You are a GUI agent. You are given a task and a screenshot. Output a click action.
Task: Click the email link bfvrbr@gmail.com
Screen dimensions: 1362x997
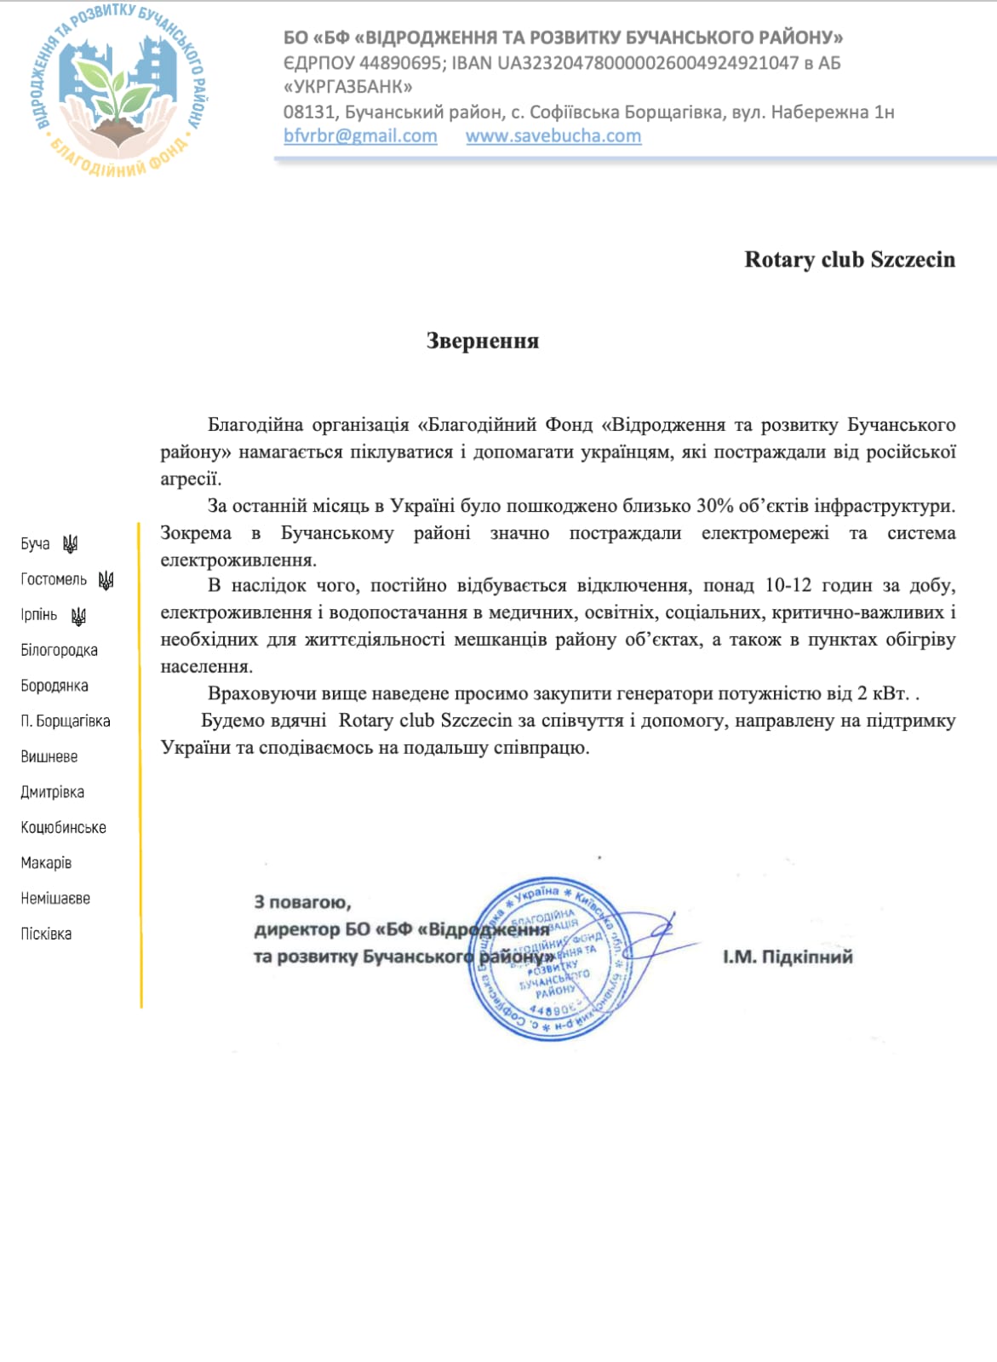pos(360,136)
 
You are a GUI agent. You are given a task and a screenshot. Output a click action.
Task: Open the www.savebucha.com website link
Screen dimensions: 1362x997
pos(553,136)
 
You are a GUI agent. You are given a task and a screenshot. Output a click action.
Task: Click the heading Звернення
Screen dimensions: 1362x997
pos(483,342)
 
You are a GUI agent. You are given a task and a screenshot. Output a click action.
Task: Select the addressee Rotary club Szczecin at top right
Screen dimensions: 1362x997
pos(850,260)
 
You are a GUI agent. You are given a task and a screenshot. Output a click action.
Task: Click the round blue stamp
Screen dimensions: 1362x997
pos(551,958)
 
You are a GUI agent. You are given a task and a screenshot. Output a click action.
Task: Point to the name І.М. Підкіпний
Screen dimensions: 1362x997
pos(788,957)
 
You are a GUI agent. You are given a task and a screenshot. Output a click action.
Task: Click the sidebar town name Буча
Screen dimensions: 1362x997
pos(36,544)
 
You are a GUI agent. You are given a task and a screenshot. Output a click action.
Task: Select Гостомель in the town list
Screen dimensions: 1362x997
pos(54,580)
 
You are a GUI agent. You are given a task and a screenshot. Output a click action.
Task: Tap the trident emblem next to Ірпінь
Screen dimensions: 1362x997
pos(78,616)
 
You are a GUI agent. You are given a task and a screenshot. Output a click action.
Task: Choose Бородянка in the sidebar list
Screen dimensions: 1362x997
pos(54,686)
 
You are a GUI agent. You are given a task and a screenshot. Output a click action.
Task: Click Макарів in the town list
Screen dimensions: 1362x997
pos(46,863)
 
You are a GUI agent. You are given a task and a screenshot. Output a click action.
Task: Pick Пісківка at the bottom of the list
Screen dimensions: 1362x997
pos(46,934)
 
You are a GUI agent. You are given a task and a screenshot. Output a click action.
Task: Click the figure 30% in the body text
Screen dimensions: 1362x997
pos(715,506)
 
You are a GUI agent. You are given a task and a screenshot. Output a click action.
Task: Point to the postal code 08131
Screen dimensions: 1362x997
pos(308,112)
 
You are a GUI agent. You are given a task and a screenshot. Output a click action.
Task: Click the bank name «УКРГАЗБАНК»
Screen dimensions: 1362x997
pos(348,87)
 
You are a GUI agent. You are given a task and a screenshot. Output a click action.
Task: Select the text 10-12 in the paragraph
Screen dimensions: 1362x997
pos(788,585)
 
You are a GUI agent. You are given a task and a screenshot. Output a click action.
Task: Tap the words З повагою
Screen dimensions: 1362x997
pos(302,902)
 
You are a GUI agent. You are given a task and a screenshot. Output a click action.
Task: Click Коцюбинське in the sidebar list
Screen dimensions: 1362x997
pos(63,827)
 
